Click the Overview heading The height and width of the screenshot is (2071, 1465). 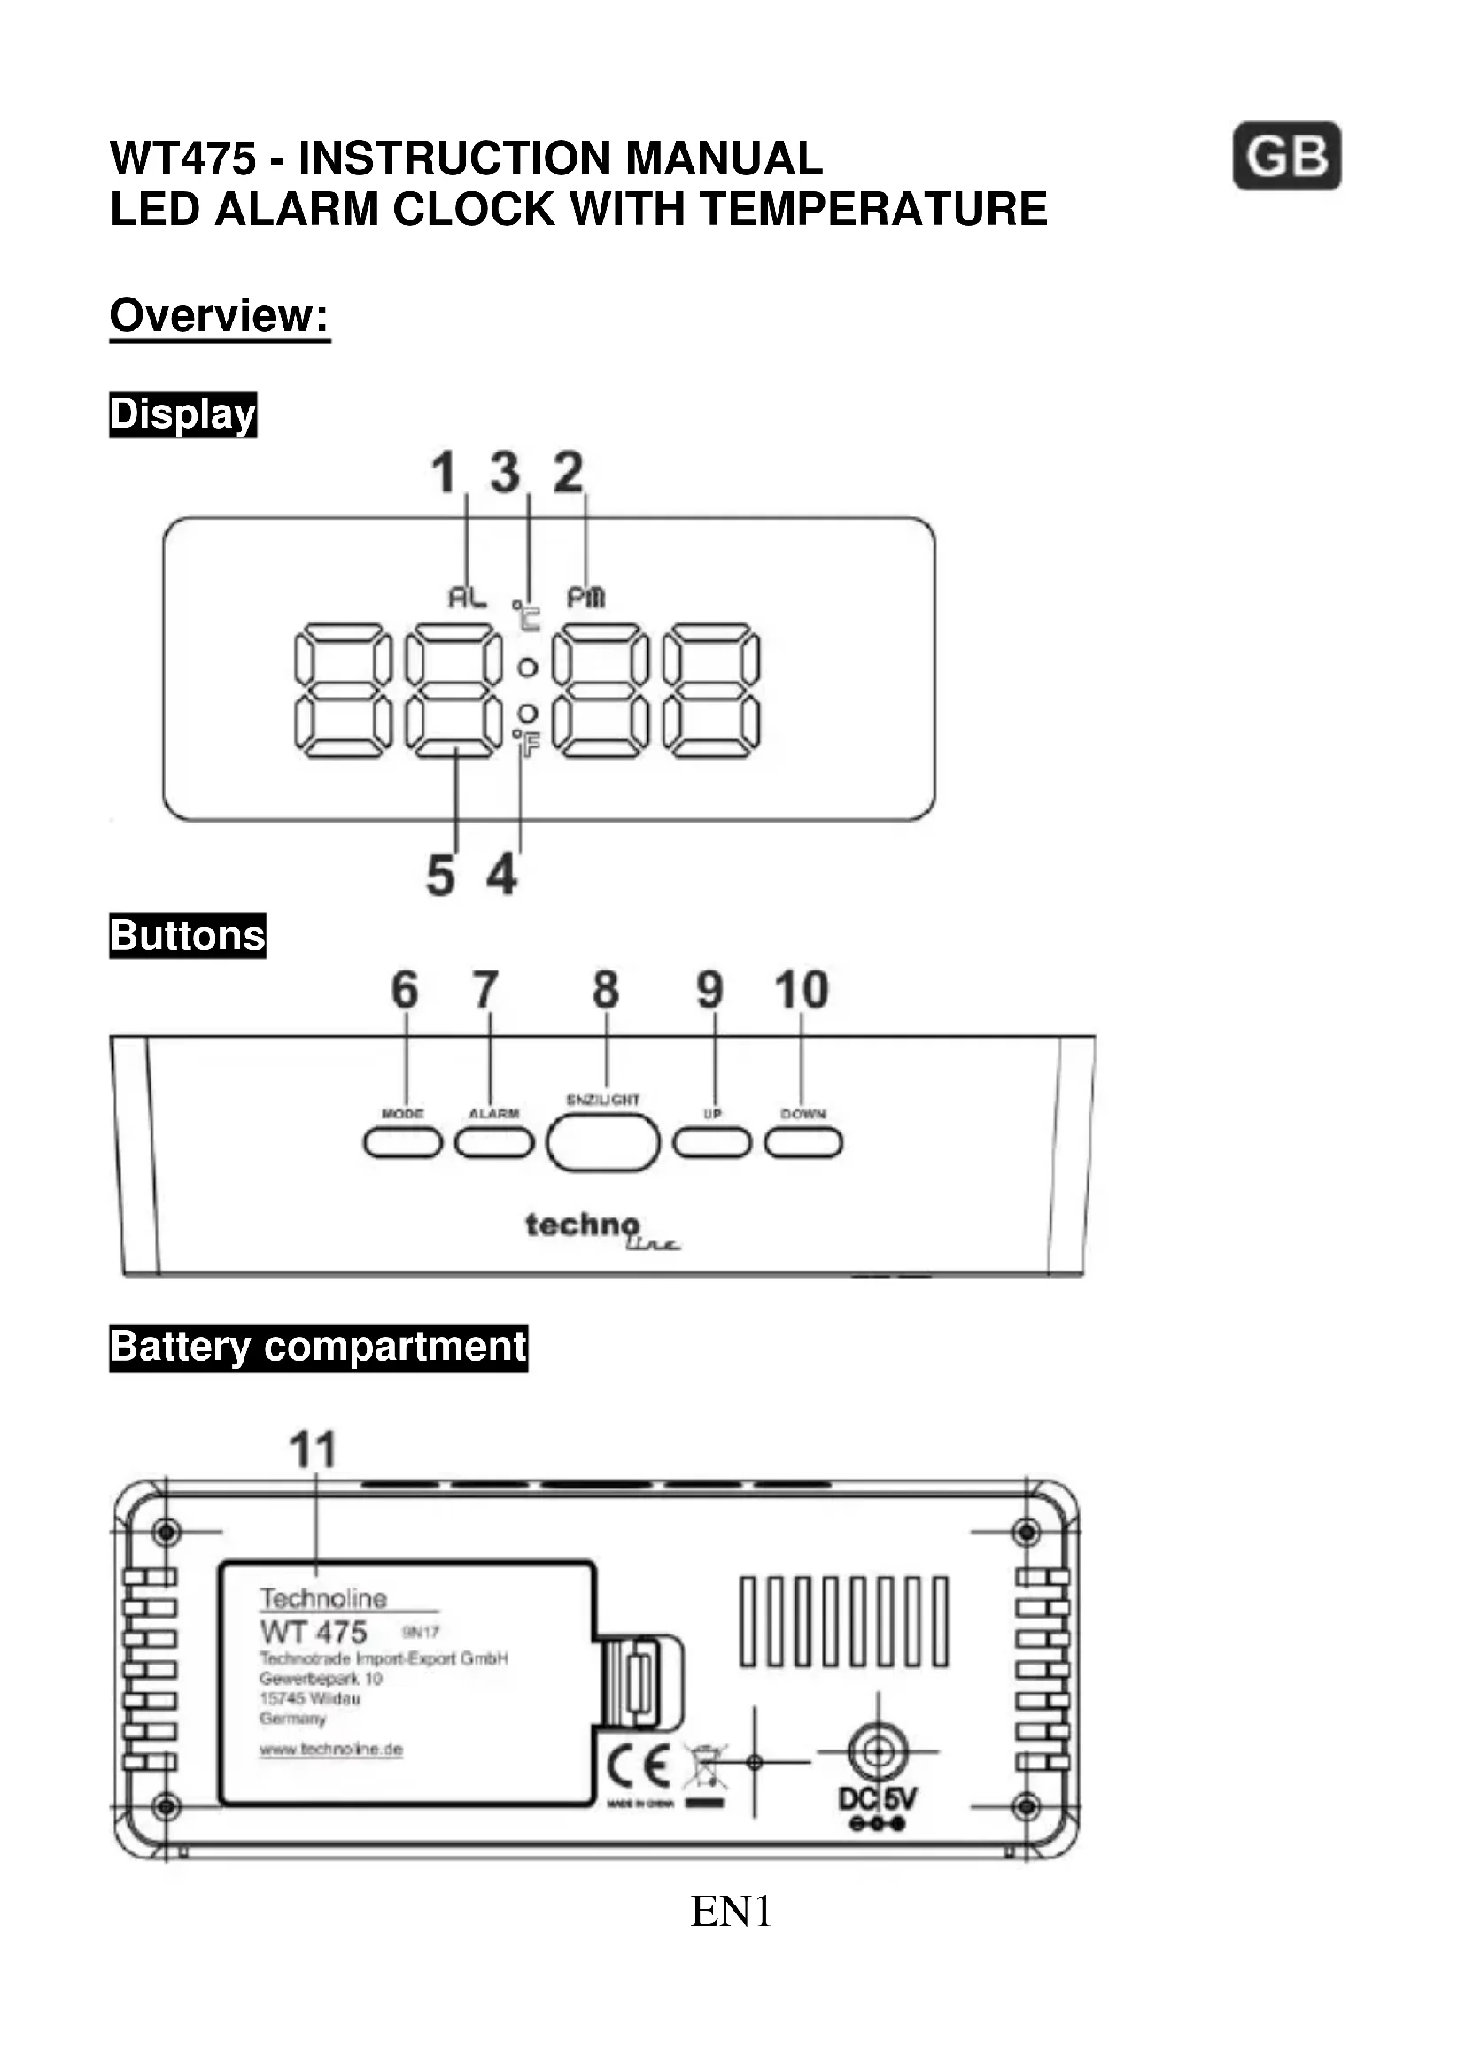click(219, 316)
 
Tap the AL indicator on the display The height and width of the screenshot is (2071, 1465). click(468, 596)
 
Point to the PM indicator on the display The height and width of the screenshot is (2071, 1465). click(585, 597)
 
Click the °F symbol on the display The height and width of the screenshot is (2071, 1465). click(526, 743)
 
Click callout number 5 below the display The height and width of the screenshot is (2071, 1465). click(440, 875)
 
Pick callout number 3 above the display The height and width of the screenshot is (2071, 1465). click(505, 472)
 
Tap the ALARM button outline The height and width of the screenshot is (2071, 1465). click(493, 1143)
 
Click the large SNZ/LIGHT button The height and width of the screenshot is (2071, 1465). click(602, 1143)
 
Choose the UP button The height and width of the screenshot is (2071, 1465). click(712, 1143)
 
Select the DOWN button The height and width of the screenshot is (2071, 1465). click(802, 1143)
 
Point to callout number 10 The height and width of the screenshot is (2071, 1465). click(801, 990)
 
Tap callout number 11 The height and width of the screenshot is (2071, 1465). click(313, 1450)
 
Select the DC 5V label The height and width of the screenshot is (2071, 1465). click(876, 1799)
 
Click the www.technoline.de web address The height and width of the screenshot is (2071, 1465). click(331, 1750)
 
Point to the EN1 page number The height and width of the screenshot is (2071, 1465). click(731, 1911)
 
